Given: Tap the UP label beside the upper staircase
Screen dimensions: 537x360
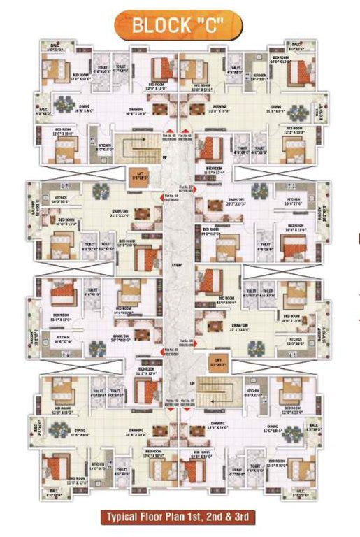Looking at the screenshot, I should coord(165,157).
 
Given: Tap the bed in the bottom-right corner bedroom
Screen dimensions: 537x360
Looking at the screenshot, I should coord(303,471).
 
